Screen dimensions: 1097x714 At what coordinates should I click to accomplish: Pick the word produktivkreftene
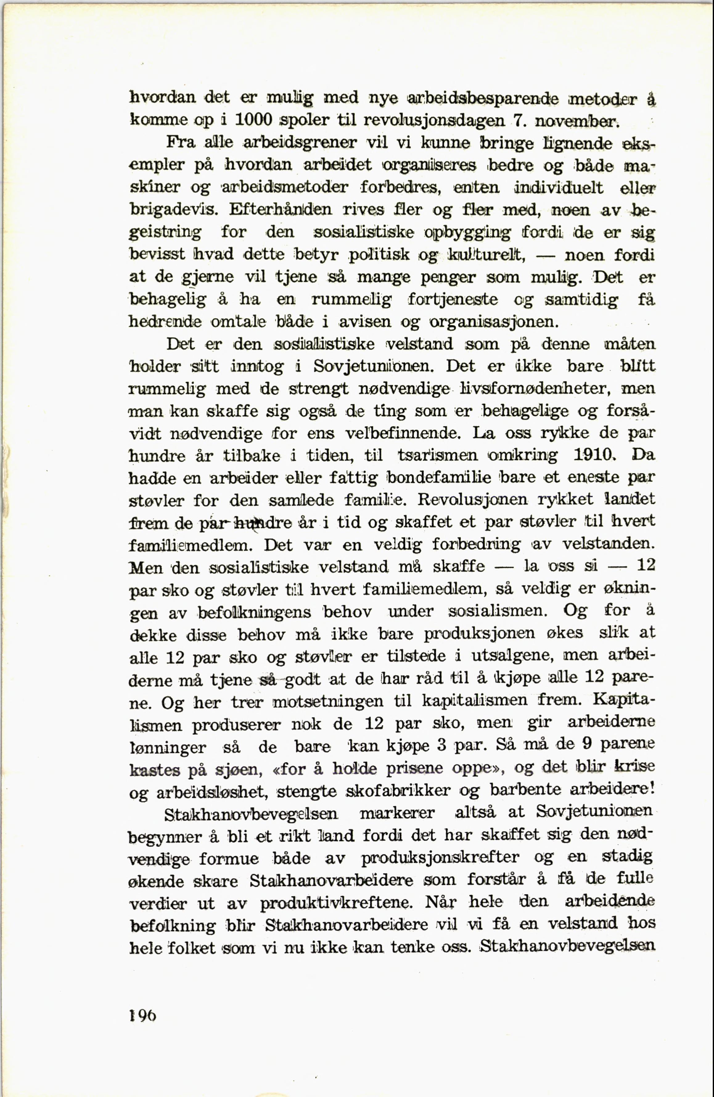(x=337, y=903)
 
